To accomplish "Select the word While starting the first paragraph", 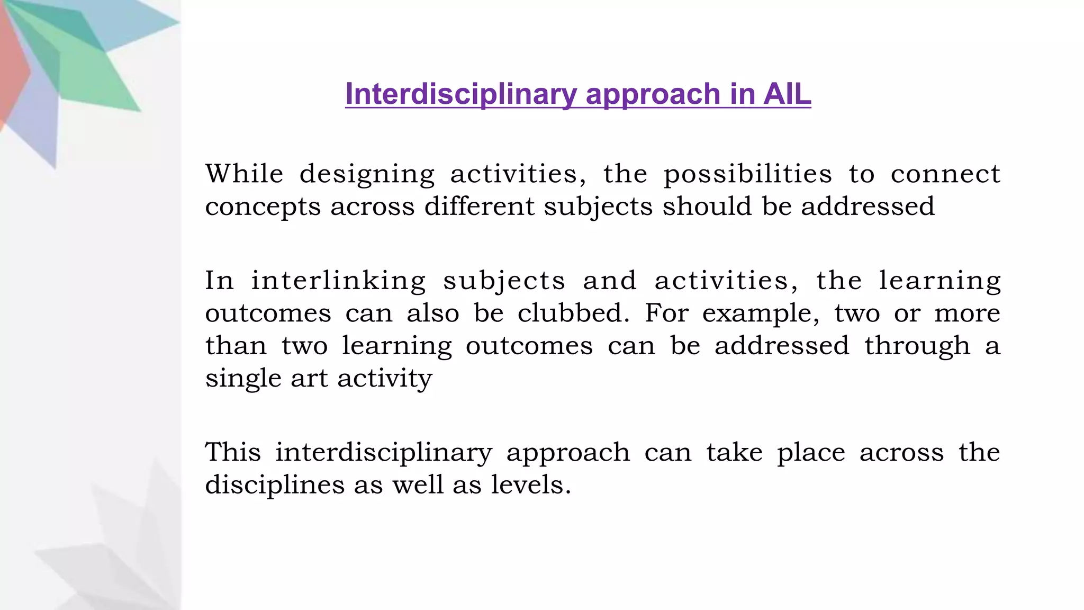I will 245,174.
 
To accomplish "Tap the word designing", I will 367,175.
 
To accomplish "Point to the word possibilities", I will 748,175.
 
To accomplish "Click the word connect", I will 945,174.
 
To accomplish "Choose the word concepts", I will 263,207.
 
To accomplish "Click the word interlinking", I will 338,281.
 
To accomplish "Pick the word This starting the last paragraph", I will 233,452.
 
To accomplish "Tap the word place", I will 811,453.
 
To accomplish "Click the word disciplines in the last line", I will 275,485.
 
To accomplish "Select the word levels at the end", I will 531,485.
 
